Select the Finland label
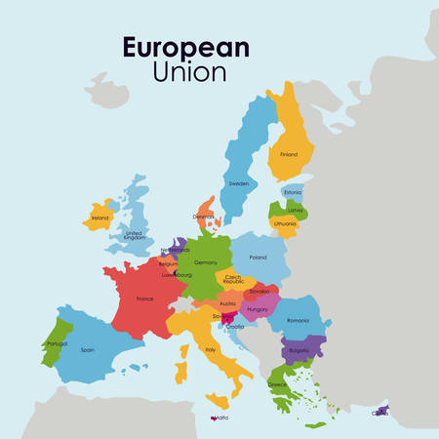289,154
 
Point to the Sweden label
239,183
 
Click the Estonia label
294,192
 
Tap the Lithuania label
285,223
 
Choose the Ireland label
100,218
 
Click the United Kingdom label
135,236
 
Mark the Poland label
258,258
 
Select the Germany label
206,262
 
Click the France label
144,299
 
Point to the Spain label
88,349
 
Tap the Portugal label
57,343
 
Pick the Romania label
298,320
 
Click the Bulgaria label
298,350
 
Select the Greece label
278,384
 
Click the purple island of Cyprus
380,411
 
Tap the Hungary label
258,309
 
